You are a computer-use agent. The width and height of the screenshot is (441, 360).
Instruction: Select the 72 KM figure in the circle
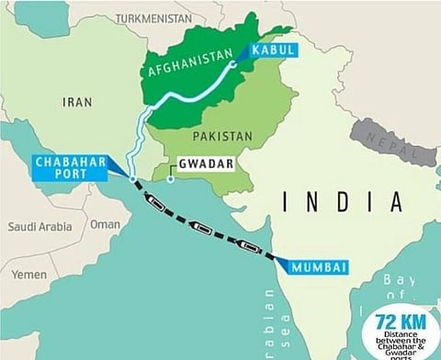click(398, 322)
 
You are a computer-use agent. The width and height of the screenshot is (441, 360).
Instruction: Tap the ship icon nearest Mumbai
click(250, 243)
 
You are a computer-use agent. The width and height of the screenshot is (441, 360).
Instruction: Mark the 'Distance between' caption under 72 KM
click(400, 342)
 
